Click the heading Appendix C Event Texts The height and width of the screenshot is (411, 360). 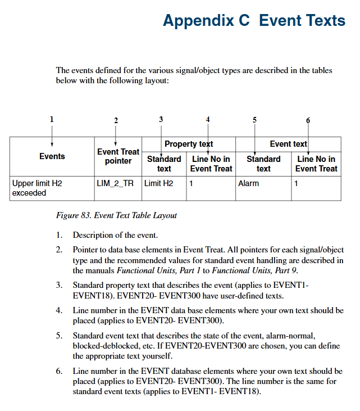(x=254, y=21)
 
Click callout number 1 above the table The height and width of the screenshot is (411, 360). (x=52, y=119)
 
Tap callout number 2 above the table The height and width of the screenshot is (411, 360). (x=116, y=120)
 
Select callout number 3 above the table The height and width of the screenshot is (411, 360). (x=161, y=119)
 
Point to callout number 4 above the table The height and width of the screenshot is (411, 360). (x=208, y=119)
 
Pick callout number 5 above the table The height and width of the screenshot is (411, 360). (x=254, y=120)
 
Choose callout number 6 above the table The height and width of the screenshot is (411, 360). (x=308, y=120)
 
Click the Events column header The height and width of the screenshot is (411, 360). (x=52, y=156)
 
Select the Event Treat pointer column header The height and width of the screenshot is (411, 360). (x=118, y=156)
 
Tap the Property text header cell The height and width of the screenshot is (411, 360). (x=188, y=144)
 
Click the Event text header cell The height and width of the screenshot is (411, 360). (x=288, y=144)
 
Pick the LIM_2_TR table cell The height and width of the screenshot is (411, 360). (x=115, y=183)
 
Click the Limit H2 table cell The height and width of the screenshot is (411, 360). (x=159, y=183)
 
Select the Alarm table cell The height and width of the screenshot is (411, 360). (x=248, y=183)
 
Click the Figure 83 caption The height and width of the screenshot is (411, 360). (x=116, y=215)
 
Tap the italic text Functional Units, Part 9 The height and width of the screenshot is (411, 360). (x=263, y=270)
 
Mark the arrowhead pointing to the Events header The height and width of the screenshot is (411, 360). (x=52, y=145)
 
